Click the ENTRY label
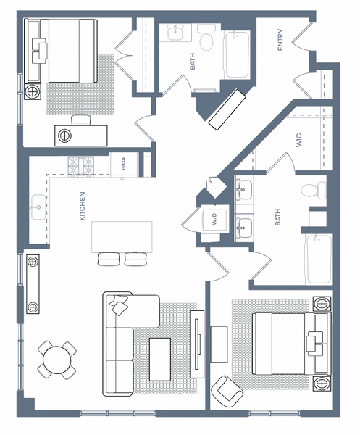pos(280,40)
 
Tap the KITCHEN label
pos(83,206)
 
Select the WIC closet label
pos(299,141)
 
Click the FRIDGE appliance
pos(124,165)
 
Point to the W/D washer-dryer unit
pos(214,219)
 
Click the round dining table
pos(57,360)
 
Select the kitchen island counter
pos(122,237)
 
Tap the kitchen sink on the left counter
pos(38,207)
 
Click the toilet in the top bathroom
pos(206,38)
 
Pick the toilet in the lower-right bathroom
pos(314,190)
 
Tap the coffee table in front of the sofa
pos(160,360)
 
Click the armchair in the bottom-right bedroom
pos(227,391)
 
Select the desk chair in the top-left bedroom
pos(81,120)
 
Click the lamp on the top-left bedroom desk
pos(65,136)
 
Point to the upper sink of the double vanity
pos(243,190)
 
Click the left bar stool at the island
pos(109,259)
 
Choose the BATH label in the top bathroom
pos(193,62)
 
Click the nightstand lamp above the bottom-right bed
pos(322,304)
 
